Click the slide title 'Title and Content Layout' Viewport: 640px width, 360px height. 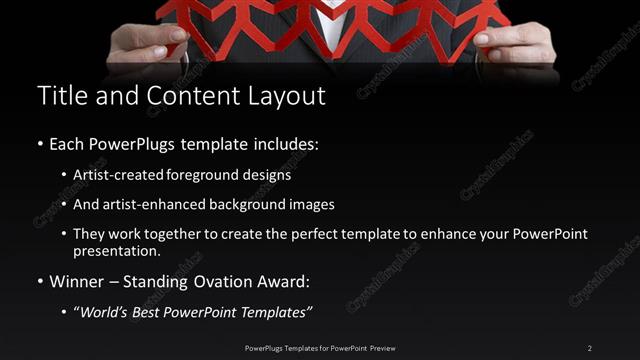(181, 96)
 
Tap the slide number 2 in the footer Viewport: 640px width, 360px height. (589, 347)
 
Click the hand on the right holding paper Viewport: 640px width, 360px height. (518, 40)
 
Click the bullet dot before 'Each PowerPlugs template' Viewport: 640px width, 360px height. (41, 145)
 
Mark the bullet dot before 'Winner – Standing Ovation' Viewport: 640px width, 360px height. (41, 283)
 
